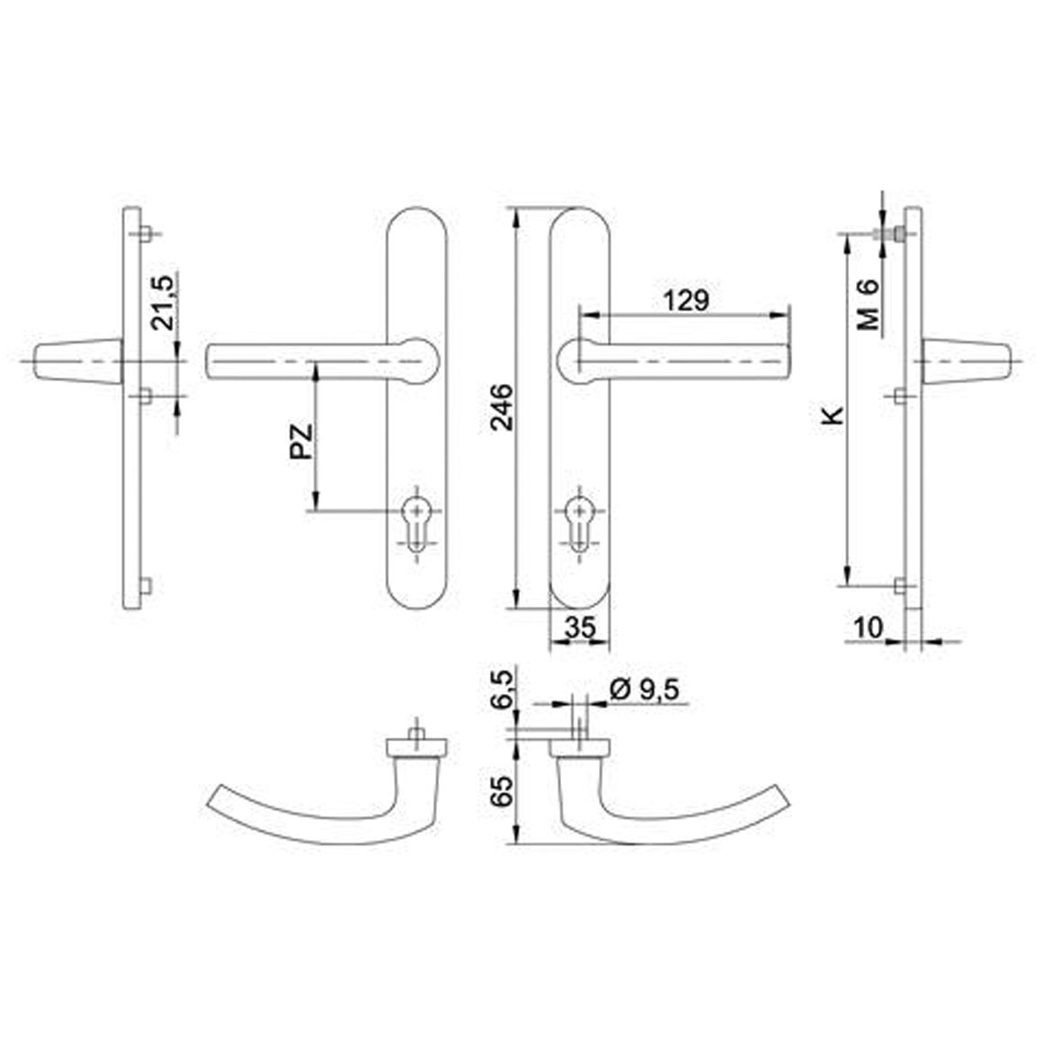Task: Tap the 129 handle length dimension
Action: click(686, 300)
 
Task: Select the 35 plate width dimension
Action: click(580, 628)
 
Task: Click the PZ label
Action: click(302, 442)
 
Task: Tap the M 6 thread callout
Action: click(869, 305)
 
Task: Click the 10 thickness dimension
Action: click(869, 628)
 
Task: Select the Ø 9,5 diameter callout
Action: click(645, 690)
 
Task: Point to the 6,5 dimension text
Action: click(503, 689)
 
